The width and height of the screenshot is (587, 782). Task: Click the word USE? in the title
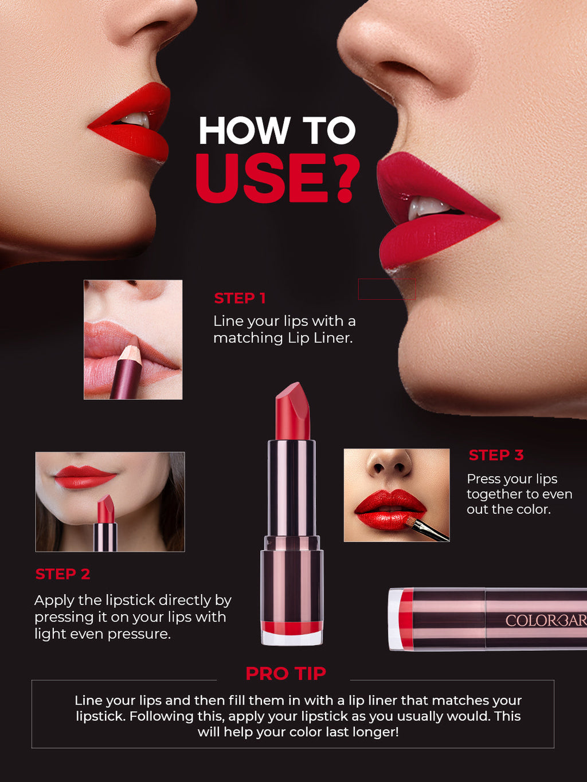(277, 178)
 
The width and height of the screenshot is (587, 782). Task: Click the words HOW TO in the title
(277, 131)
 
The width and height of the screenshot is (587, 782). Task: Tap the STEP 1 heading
(240, 298)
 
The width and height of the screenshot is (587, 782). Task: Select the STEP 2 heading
(62, 574)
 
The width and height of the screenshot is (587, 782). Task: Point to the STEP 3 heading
(496, 455)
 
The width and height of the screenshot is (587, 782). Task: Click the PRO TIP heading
(285, 674)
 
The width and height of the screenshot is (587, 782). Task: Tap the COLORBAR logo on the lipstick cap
(545, 620)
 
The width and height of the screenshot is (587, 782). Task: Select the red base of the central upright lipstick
(292, 628)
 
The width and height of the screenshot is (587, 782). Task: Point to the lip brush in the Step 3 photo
(427, 530)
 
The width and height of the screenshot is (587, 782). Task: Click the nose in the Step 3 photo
(390, 464)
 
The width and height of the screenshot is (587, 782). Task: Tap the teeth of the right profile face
(427, 207)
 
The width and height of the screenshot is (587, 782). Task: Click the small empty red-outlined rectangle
(386, 289)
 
